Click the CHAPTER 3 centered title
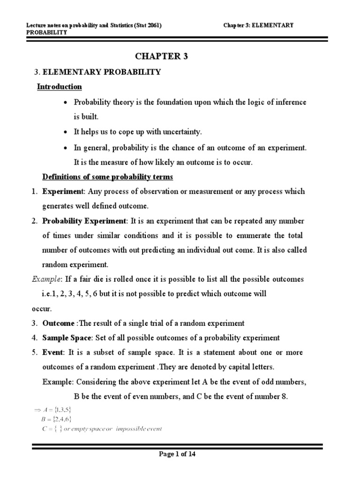click(162, 57)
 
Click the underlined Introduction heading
click(60, 87)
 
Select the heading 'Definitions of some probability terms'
click(108, 177)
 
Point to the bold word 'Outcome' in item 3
click(59, 323)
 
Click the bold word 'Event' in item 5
click(52, 352)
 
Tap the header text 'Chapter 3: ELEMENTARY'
click(259, 25)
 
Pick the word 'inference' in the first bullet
click(290, 102)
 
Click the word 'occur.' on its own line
click(42, 309)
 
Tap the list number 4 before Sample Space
click(35, 338)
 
